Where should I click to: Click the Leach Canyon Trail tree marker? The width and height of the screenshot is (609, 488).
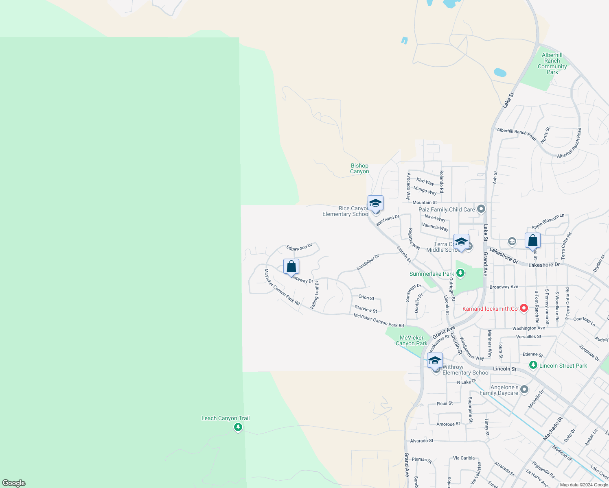[x=238, y=427]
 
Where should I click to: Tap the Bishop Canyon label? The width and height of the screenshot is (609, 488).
[x=359, y=168]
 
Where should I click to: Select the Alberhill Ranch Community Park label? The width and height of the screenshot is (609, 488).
[x=552, y=63]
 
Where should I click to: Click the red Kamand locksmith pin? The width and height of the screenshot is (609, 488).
[x=524, y=308]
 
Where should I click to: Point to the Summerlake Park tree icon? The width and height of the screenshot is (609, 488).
[x=460, y=273]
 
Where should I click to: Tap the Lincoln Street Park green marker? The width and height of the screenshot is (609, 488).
[x=533, y=365]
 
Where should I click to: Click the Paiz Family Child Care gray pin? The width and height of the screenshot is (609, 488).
[x=481, y=209]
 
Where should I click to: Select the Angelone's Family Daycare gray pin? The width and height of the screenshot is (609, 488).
[x=524, y=390]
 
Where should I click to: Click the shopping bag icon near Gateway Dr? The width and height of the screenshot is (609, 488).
[x=291, y=266]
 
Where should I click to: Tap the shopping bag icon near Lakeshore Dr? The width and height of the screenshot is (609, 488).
[x=532, y=240]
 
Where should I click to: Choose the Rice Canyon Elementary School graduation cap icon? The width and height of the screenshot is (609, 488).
[x=375, y=203]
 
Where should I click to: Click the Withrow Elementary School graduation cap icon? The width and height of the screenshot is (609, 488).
[x=435, y=360]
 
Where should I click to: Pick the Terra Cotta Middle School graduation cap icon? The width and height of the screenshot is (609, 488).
[x=461, y=242]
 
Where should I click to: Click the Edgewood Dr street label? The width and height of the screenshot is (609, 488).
[x=299, y=247]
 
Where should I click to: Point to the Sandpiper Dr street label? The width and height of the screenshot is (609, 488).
[x=368, y=262]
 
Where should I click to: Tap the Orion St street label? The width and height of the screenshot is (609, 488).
[x=366, y=298]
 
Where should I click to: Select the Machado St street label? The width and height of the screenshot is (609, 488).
[x=553, y=428]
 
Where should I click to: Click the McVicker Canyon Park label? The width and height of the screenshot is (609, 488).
[x=412, y=340]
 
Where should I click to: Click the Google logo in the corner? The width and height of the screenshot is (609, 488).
[x=14, y=483]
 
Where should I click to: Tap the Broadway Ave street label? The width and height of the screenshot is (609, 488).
[x=504, y=287]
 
